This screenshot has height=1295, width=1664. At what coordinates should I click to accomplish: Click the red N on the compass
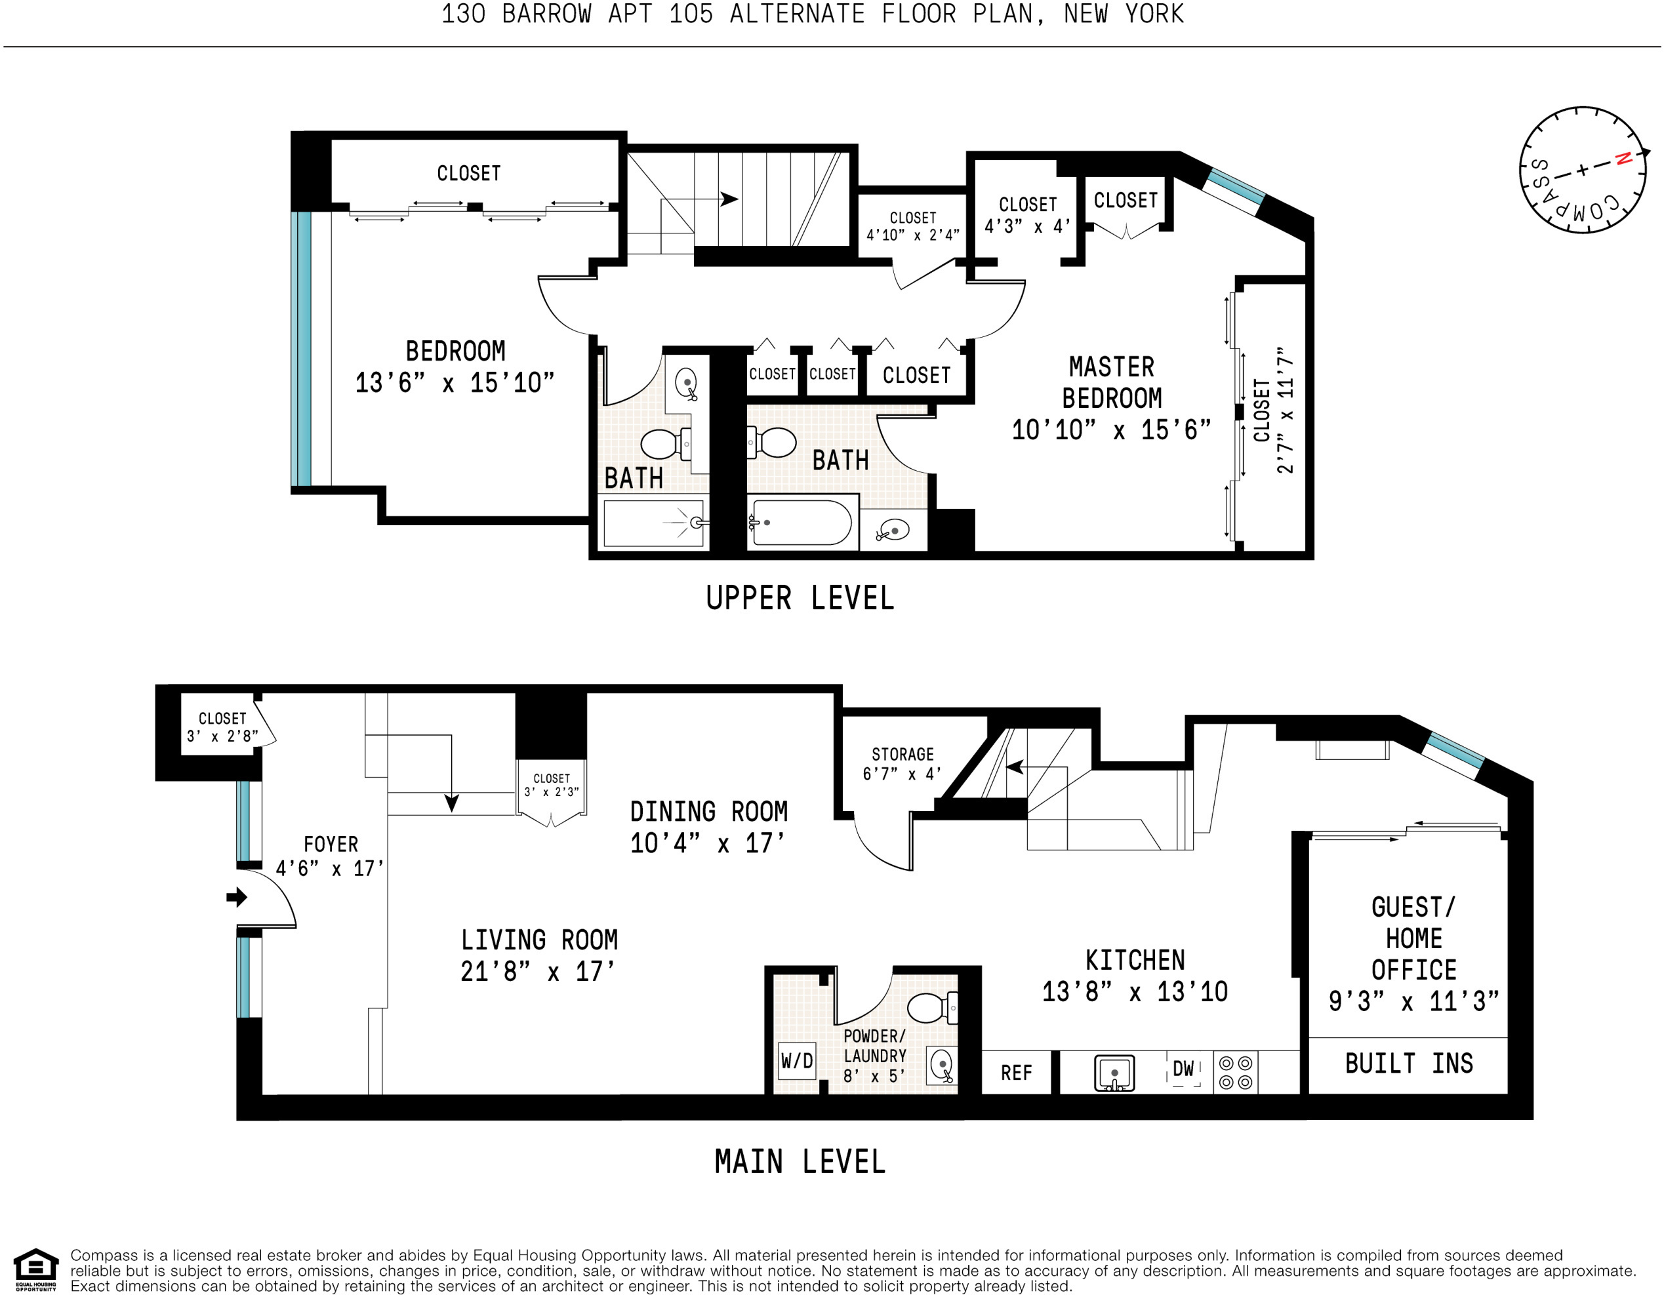[1623, 159]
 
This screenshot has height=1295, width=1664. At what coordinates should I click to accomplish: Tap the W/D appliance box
[797, 1061]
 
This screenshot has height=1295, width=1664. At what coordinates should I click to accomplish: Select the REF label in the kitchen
[1017, 1073]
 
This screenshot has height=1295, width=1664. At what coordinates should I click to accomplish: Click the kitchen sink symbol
[1114, 1073]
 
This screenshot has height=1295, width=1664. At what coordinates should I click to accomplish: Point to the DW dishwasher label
[1183, 1069]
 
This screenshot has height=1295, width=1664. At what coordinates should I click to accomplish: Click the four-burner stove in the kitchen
[1236, 1073]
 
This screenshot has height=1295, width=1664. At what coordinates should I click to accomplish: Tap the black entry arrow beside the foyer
[237, 896]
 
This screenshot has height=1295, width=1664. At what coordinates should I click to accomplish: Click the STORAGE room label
[903, 754]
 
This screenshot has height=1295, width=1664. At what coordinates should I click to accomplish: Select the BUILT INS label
[1409, 1064]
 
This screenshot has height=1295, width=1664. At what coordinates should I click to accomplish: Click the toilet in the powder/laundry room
[933, 1007]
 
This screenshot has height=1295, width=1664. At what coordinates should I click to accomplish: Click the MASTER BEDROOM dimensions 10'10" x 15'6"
[1111, 429]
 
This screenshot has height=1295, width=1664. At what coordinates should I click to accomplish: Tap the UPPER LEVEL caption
[800, 598]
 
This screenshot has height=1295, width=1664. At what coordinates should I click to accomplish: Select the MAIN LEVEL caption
[800, 1162]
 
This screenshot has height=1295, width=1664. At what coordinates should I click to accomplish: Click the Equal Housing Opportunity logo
[36, 1270]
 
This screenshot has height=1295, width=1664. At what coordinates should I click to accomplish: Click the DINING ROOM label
[708, 811]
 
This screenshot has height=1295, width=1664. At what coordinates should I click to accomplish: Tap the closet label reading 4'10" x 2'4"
[913, 235]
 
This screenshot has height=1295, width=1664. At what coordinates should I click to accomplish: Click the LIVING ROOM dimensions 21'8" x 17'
[537, 971]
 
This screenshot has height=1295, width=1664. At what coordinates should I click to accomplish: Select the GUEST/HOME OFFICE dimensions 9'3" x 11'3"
[1413, 1001]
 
